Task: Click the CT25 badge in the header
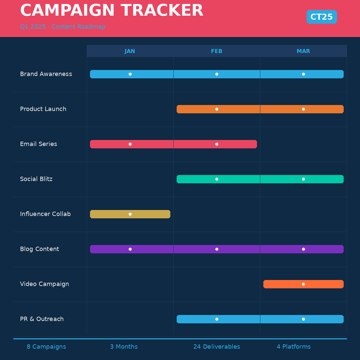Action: (322, 17)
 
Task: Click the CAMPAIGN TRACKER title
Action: (112, 11)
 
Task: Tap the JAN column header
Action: (130, 51)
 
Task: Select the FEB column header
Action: (216, 51)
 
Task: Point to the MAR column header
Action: (303, 51)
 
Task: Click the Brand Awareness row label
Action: (46, 74)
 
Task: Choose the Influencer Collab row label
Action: (45, 214)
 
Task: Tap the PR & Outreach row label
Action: (42, 319)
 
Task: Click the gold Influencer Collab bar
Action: (150, 214)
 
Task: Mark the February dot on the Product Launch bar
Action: (217, 109)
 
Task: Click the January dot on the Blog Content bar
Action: (130, 249)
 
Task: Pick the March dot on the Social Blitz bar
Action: (303, 179)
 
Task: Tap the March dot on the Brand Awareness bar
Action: (303, 74)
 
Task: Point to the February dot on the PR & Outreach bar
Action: (217, 319)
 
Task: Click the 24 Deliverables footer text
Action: (217, 347)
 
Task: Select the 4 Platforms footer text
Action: (293, 347)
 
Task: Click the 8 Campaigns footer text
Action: (46, 347)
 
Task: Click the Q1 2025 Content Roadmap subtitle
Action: (63, 27)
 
